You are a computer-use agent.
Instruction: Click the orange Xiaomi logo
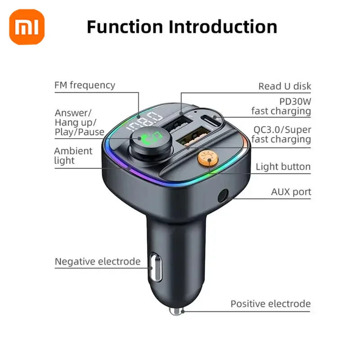click(27, 28)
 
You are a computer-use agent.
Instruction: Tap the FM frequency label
click(85, 85)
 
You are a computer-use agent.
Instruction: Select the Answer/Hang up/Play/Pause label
click(79, 122)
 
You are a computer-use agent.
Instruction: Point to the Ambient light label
click(73, 156)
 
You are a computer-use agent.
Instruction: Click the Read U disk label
click(284, 86)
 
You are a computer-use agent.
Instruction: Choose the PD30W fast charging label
click(281, 106)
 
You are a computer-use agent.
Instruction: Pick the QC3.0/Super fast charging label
click(281, 134)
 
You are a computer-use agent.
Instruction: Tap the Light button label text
click(283, 167)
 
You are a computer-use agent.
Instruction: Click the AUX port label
click(291, 192)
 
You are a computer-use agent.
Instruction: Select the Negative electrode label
click(98, 261)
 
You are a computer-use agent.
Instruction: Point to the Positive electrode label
click(270, 304)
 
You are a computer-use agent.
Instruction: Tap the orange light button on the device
click(207, 158)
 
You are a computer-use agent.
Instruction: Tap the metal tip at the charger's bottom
click(176, 310)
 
